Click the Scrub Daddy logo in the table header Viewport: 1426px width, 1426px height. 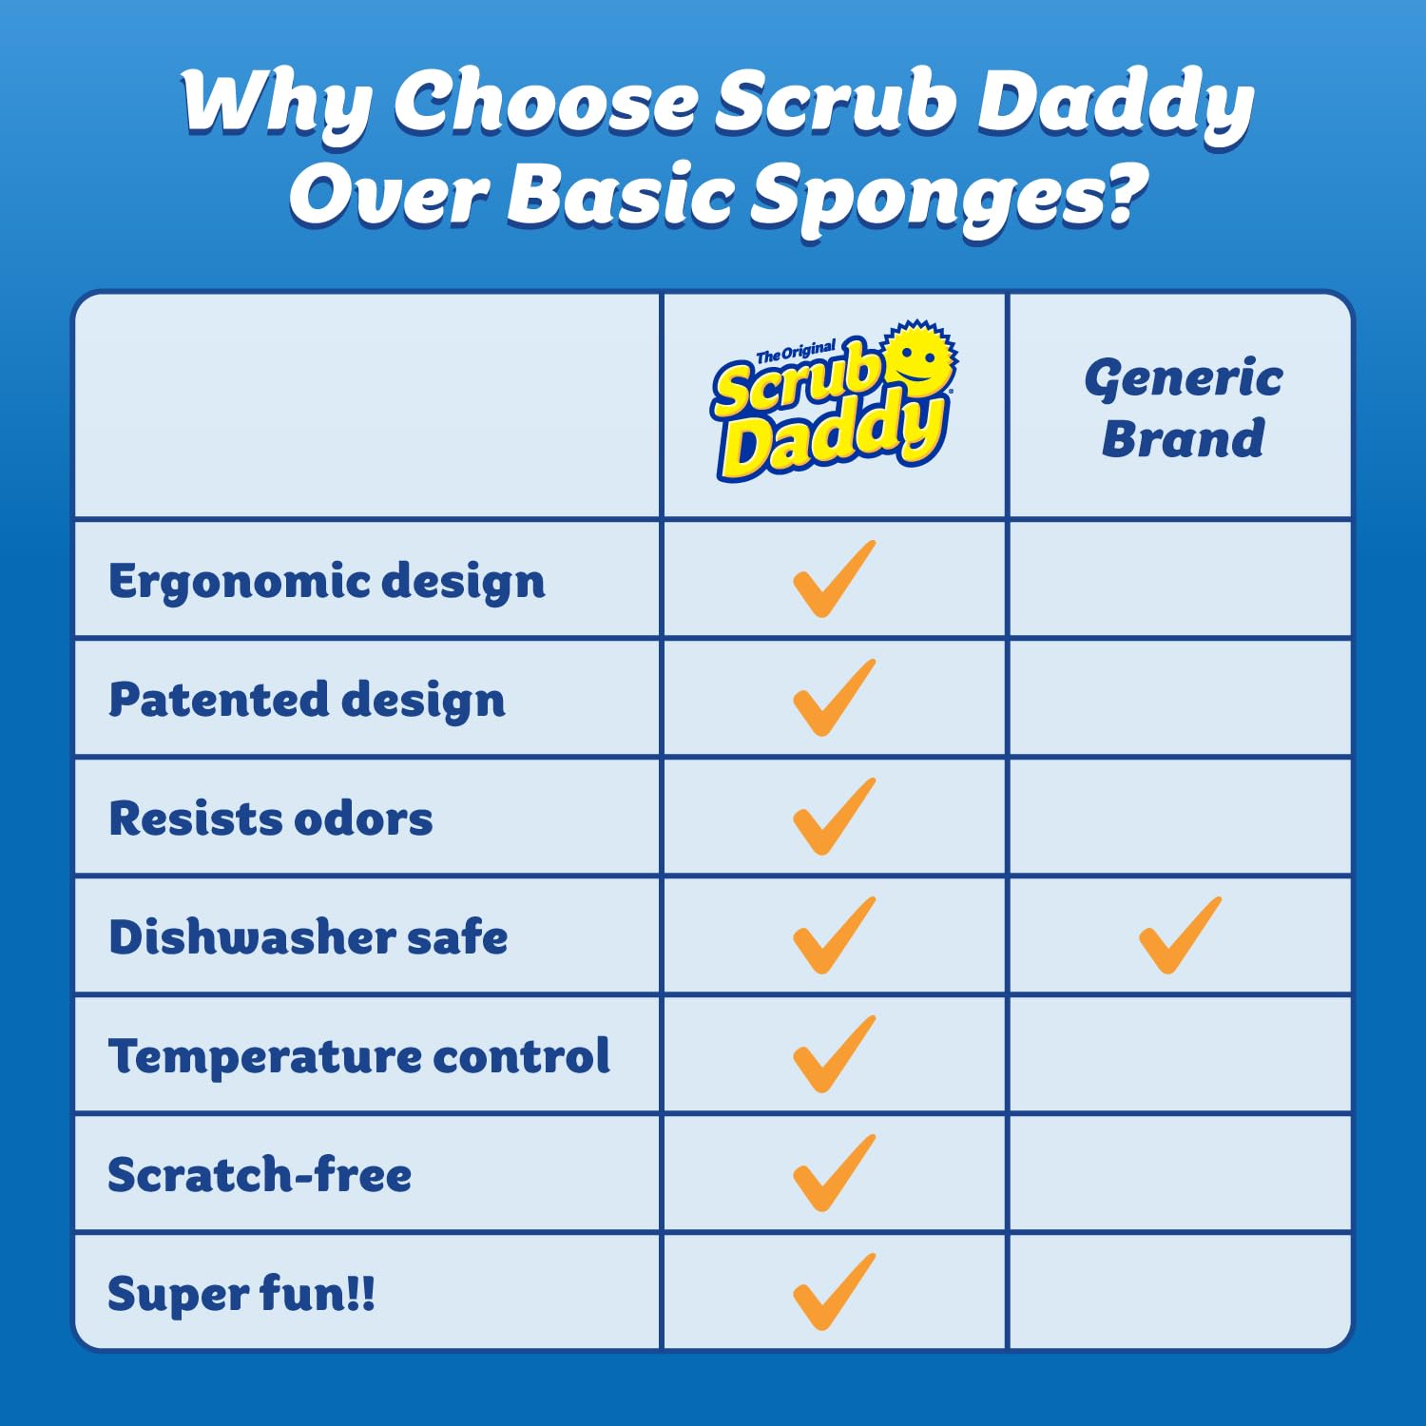832,404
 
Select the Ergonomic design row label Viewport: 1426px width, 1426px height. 327,581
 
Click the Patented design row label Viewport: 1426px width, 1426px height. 306,700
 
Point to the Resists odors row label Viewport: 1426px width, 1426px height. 271,819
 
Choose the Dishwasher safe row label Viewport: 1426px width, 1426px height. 308,937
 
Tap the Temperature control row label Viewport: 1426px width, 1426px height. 358,1056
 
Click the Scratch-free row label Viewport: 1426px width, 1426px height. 260,1175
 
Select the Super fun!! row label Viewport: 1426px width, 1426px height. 241,1294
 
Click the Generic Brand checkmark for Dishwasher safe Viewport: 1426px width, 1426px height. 1179,936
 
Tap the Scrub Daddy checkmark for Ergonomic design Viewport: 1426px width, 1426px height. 833,580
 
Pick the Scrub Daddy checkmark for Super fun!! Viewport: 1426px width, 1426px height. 833,1292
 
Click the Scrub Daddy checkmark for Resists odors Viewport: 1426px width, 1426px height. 833,818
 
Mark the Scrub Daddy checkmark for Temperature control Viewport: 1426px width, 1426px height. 833,1054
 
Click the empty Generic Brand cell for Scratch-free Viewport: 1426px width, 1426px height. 1179,1174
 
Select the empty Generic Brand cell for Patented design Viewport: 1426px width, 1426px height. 1179,699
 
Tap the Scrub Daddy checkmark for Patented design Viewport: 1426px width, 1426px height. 833,699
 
